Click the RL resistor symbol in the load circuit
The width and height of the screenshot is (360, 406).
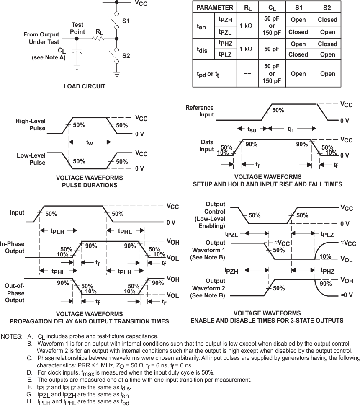98,39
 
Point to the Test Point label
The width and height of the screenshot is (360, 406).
78,28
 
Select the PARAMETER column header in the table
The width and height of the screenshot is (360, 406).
214,8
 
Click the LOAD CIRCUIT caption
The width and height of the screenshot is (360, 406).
85,86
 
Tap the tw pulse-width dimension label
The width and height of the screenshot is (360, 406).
89,142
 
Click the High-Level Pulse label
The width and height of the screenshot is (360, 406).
31,124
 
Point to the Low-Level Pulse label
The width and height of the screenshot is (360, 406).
31,159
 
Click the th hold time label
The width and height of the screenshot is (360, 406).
291,129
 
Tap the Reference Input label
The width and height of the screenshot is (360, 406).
200,111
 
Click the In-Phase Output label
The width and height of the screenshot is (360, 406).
13,247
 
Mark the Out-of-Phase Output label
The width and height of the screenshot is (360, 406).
15,293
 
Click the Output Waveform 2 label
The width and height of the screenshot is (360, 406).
208,288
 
